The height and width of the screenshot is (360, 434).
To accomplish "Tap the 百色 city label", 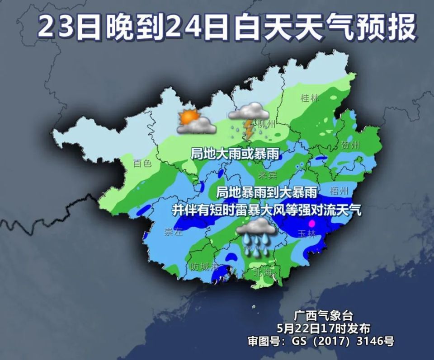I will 142,164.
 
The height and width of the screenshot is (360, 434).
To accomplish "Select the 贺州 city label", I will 350,145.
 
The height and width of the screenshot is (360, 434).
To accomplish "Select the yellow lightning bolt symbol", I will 249,129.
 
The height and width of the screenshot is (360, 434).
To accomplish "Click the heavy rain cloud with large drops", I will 256,237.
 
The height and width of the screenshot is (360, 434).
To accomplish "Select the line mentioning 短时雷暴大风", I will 267,210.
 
